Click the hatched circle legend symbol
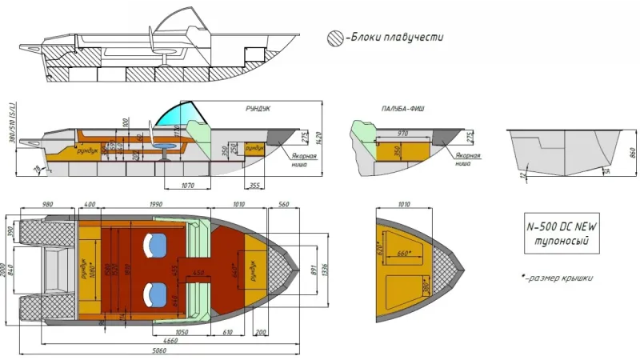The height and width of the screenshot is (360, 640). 335,38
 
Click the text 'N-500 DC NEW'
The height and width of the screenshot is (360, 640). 562,226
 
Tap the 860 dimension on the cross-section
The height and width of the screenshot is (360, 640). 632,153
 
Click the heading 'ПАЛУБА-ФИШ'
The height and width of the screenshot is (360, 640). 403,111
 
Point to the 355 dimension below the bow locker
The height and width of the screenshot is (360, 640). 254,186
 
